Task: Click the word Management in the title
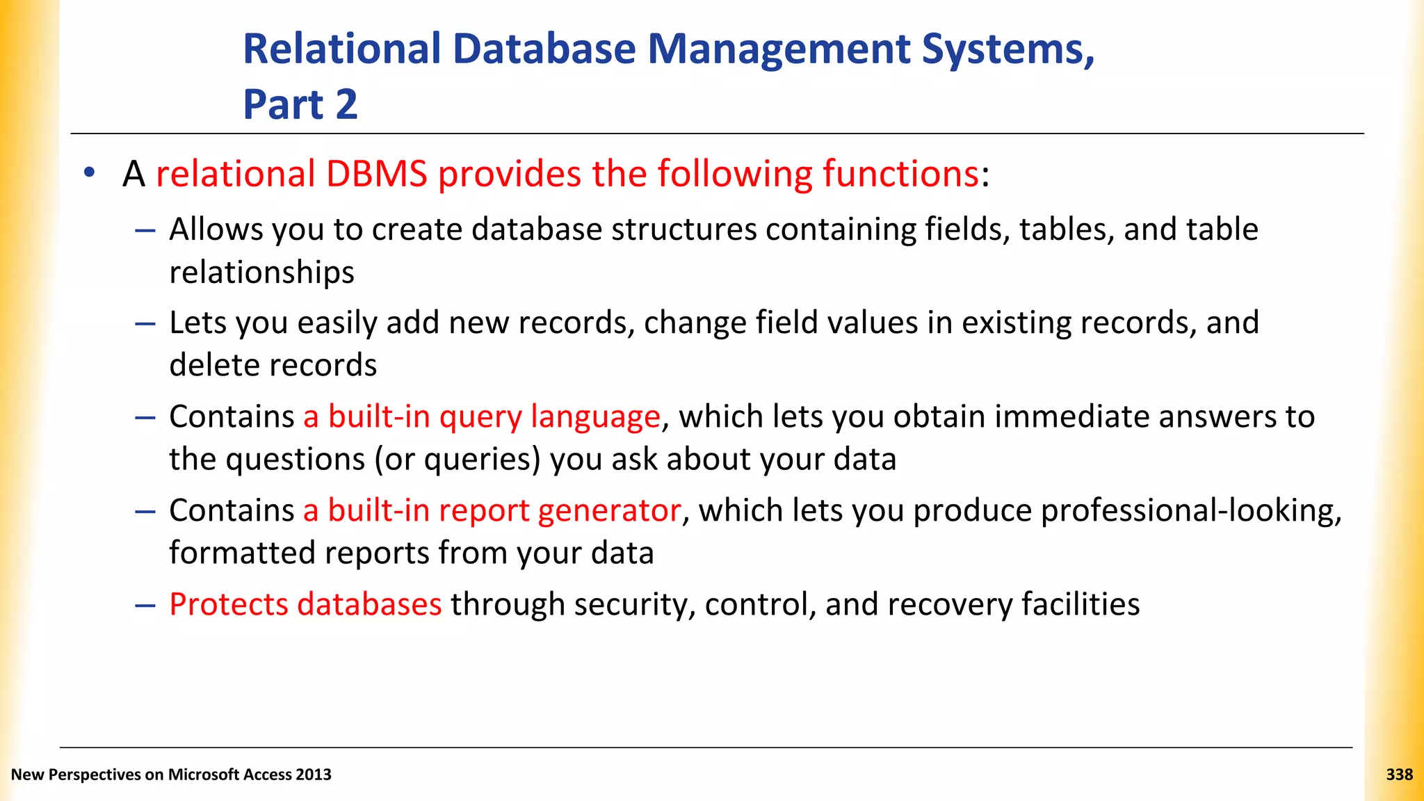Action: [779, 50]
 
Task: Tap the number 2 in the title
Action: [346, 105]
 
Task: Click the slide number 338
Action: [1399, 775]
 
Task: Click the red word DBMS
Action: [376, 174]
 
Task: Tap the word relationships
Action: [261, 273]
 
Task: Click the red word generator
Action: [609, 510]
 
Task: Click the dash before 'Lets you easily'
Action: [145, 324]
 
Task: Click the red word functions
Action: [901, 174]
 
